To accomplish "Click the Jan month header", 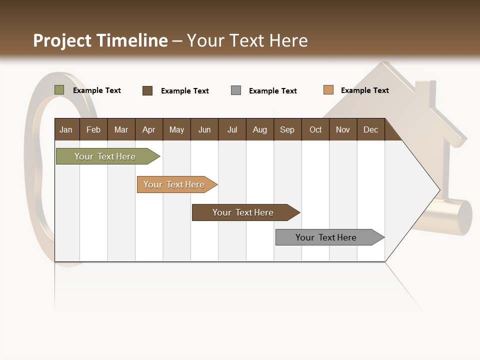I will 66,129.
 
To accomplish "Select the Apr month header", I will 149,129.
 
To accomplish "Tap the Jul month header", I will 232,129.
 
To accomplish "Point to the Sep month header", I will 287,129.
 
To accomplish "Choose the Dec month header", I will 371,129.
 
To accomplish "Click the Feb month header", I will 93,129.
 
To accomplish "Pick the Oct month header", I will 315,129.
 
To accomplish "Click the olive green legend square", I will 59,90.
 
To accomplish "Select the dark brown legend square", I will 147,90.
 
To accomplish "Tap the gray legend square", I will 236,90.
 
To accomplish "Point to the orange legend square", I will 328,90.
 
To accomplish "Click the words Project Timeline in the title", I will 100,40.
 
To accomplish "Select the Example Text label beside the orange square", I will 365,90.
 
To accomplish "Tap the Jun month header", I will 204,129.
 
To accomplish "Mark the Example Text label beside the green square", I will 97,90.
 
